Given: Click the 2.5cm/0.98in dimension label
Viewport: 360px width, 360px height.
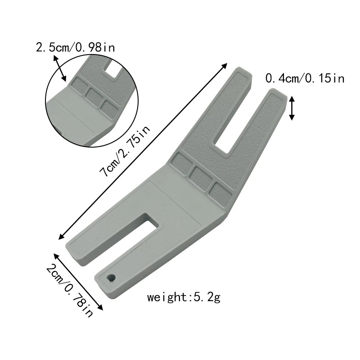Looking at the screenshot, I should point(75,47).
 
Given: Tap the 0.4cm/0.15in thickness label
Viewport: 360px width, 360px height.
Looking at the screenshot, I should point(305,79).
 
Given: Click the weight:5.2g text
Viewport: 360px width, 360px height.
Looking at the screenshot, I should point(184,297).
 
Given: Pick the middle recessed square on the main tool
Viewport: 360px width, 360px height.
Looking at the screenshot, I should point(201,177).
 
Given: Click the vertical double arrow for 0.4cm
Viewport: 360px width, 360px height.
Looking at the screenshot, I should point(292,108).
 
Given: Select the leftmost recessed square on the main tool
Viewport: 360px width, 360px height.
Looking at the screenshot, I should point(182,165).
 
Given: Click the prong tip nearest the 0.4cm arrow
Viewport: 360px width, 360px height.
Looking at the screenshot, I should point(277,94).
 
